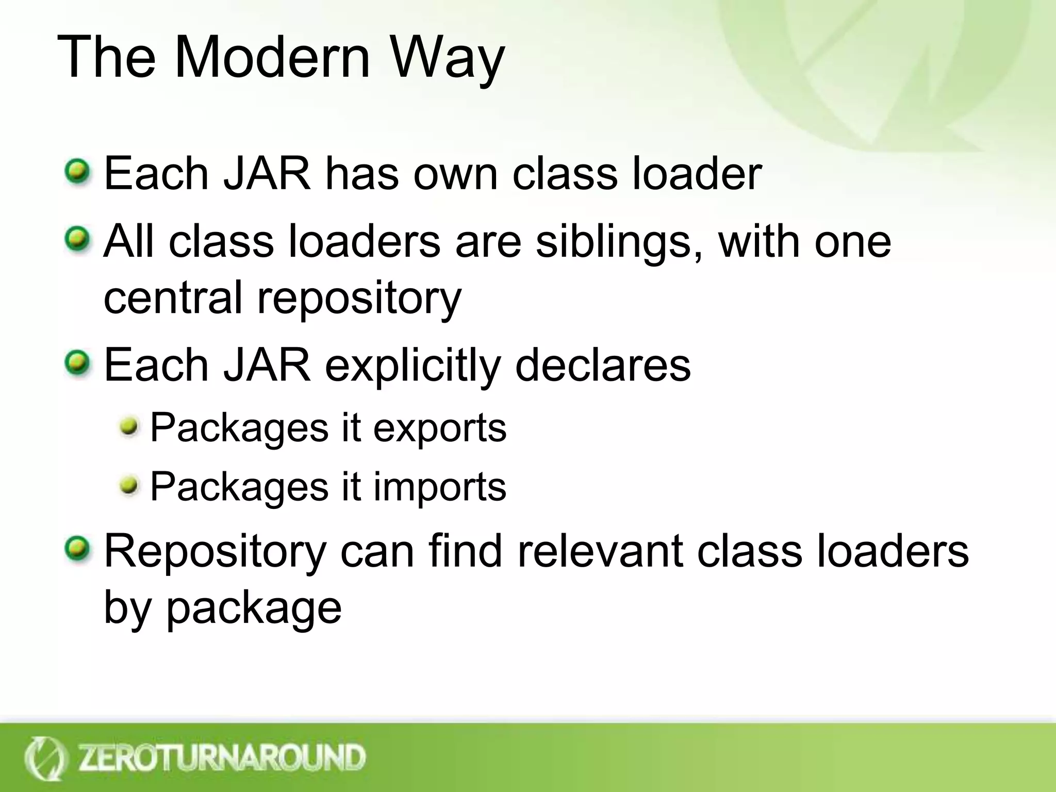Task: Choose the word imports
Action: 439,488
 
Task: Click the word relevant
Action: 600,551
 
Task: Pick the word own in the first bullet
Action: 455,174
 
